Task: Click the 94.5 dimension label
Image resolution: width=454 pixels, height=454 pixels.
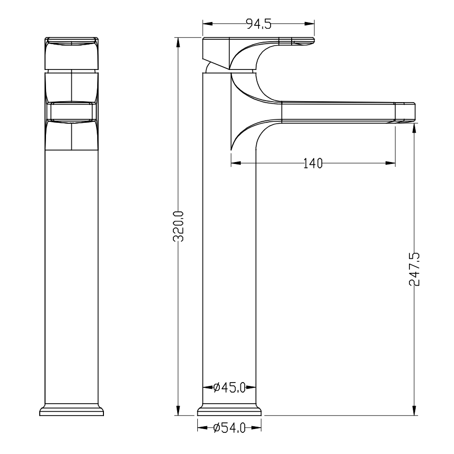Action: [259, 24]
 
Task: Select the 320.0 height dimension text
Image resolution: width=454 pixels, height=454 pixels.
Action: [178, 226]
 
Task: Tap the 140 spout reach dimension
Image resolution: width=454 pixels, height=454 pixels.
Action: [313, 163]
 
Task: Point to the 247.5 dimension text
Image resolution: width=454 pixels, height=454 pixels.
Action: [415, 269]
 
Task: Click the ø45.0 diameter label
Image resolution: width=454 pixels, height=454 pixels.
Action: [229, 387]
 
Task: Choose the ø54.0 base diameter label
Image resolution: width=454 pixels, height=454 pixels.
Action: [229, 428]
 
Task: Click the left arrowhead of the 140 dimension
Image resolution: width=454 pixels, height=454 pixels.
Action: [236, 163]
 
